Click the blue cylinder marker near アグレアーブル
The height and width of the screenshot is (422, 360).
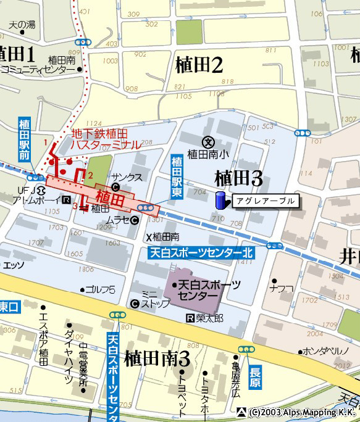tap(219, 201)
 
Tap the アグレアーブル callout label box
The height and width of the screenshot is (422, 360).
tap(266, 201)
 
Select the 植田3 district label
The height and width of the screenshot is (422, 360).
tap(239, 178)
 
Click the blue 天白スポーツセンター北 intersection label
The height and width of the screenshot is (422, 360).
tap(201, 252)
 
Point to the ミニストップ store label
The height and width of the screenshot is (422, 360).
tap(150, 299)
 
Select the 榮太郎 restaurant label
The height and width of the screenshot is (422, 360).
tap(209, 318)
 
